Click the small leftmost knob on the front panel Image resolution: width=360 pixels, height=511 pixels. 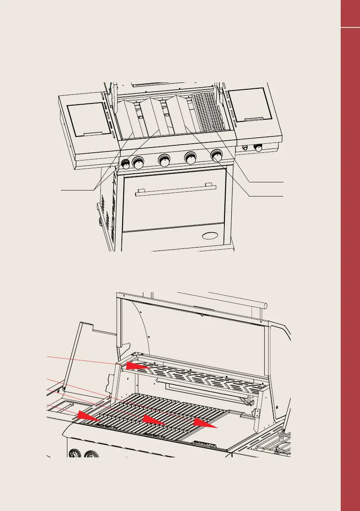[126, 163]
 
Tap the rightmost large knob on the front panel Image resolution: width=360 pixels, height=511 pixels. [217, 155]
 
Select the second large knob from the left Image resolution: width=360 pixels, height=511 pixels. [164, 160]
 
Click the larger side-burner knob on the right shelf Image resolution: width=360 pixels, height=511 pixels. [258, 148]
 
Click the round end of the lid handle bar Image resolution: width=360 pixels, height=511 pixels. [264, 305]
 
